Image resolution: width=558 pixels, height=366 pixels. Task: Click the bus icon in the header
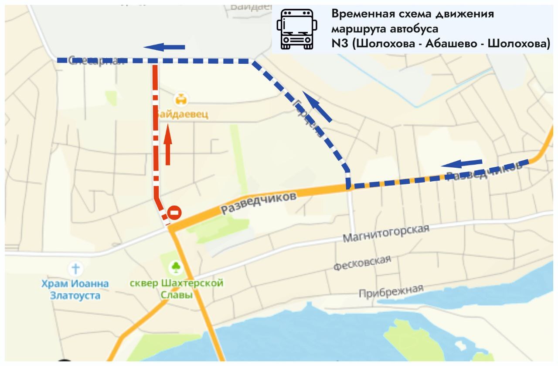click(297, 28)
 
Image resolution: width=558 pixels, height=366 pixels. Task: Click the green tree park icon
click(176, 266)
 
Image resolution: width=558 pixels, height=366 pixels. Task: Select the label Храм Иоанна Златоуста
click(75, 290)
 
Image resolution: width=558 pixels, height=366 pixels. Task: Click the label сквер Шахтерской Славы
click(177, 289)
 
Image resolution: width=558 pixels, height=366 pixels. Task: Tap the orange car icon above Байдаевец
click(180, 99)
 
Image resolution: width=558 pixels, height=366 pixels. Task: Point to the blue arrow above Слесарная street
click(164, 47)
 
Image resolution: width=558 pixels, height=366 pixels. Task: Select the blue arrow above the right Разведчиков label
click(462, 164)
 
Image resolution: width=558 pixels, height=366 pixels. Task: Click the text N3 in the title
click(339, 44)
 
